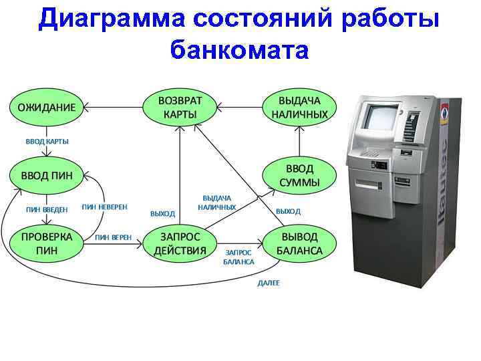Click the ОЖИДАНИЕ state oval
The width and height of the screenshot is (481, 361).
(x=46, y=107)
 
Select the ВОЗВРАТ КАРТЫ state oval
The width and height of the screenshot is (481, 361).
(x=180, y=107)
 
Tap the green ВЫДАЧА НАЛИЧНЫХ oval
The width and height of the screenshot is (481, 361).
(x=300, y=107)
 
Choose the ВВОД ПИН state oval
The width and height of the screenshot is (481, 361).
(x=46, y=175)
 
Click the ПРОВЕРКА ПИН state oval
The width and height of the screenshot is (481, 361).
(x=46, y=244)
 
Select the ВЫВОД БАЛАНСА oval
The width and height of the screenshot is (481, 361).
(x=300, y=244)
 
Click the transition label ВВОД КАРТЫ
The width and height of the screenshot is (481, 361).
(x=47, y=141)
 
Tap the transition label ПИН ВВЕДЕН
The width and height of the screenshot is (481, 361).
(x=46, y=209)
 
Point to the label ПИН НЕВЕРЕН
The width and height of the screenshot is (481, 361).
(x=104, y=207)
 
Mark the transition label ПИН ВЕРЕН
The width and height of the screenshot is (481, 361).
(x=113, y=237)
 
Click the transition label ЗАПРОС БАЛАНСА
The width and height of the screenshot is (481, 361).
(x=239, y=257)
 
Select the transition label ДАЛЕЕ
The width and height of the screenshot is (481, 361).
(x=269, y=283)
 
